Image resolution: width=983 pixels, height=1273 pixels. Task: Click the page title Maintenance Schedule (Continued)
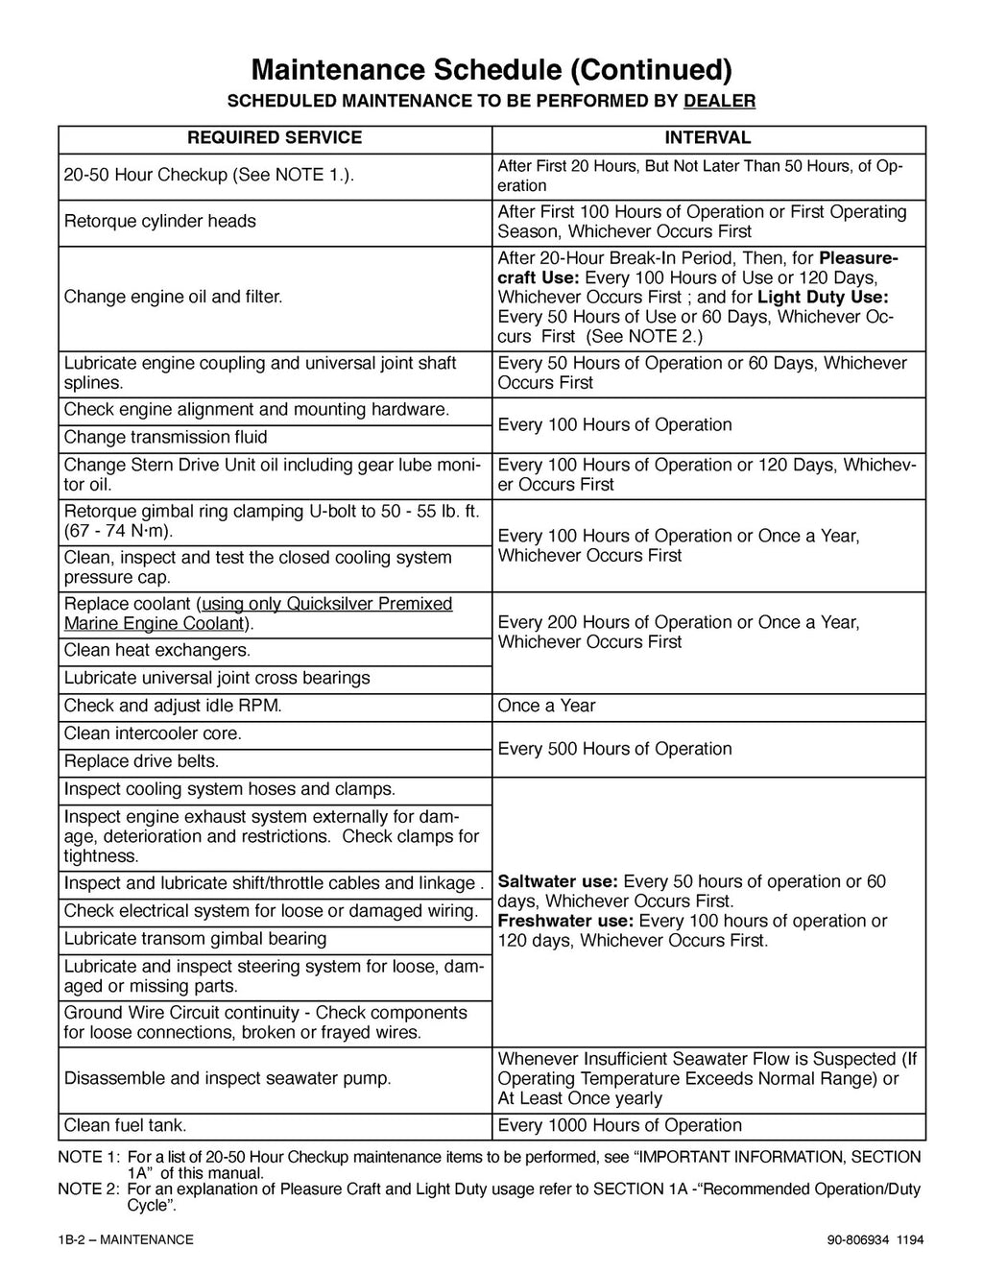(x=491, y=69)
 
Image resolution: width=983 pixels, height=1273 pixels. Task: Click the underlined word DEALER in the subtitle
(x=719, y=101)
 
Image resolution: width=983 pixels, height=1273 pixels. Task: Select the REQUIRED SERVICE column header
(x=275, y=138)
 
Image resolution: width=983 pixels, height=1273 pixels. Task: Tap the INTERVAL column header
(x=708, y=138)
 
